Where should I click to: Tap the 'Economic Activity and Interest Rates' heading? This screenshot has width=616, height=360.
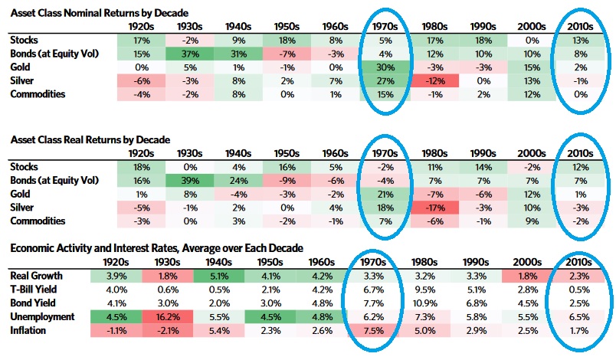156,248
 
